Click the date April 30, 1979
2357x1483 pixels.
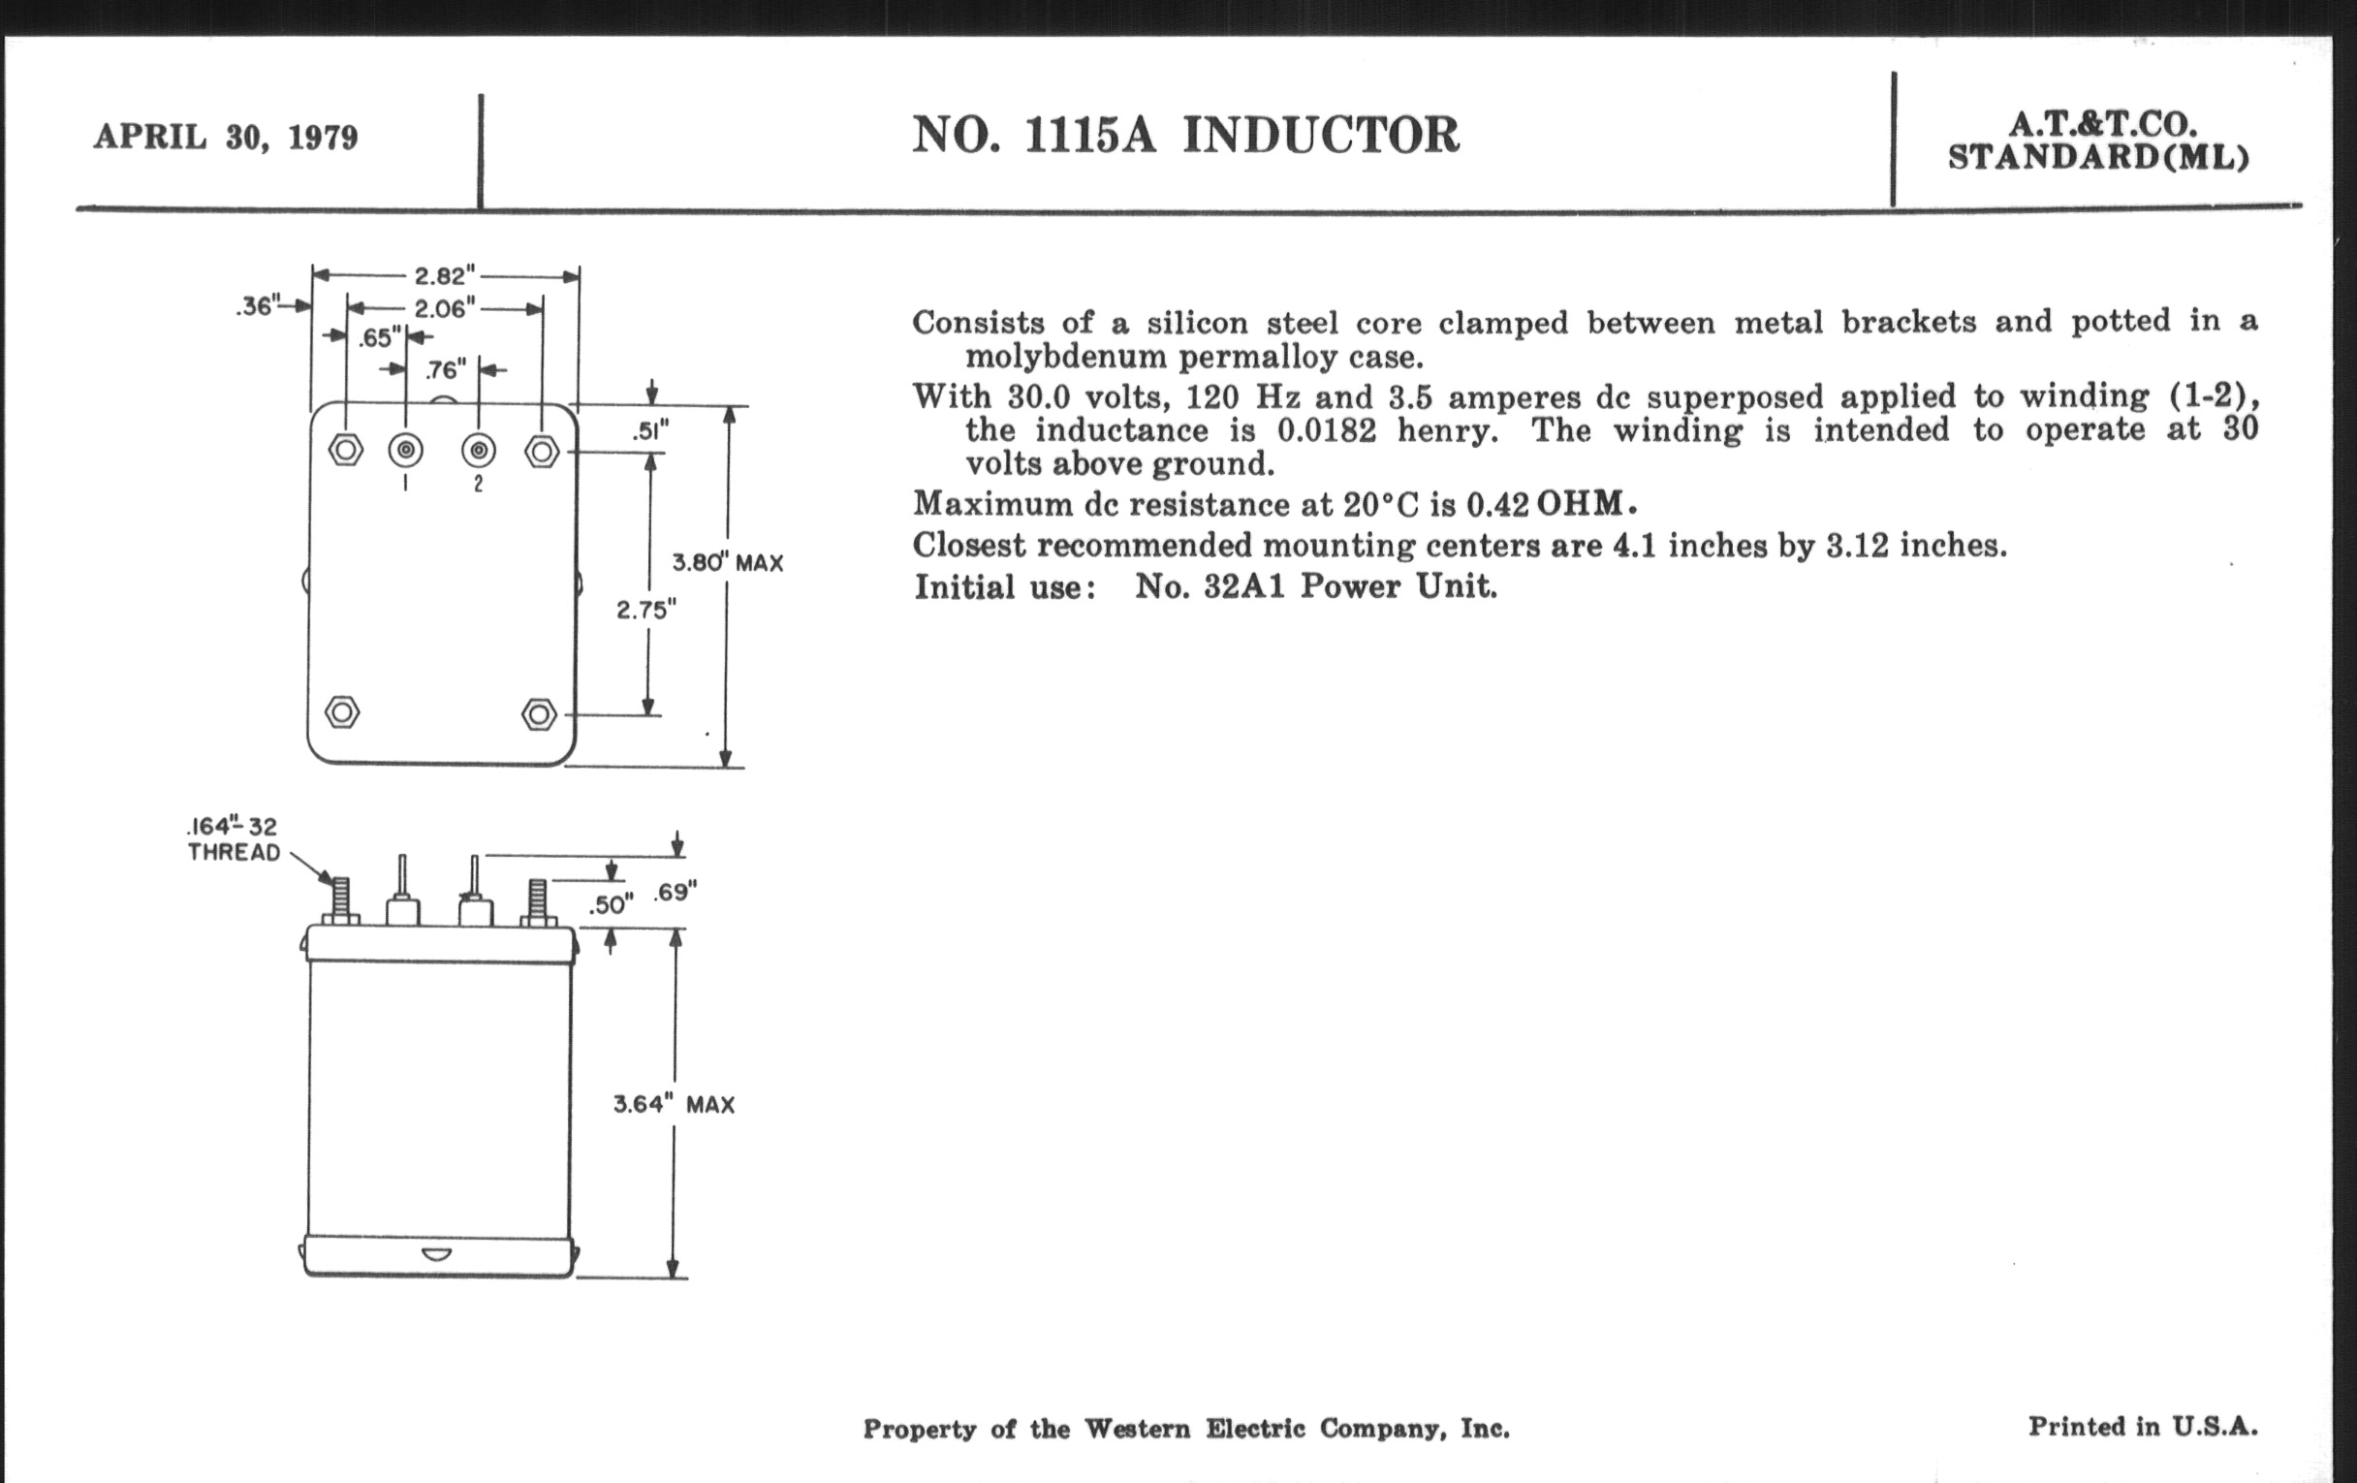coord(226,137)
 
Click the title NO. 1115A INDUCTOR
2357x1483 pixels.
coord(1185,135)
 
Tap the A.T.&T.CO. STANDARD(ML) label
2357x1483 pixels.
coord(2097,141)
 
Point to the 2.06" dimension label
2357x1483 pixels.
coord(446,309)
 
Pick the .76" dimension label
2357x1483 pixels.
coord(447,370)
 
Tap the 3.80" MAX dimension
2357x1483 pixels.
coord(727,563)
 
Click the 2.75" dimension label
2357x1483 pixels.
coord(646,610)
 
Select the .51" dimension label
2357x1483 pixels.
coord(651,431)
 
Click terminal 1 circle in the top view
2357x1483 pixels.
coord(405,451)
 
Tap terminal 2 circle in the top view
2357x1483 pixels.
coord(479,451)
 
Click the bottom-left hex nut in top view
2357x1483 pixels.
coord(341,711)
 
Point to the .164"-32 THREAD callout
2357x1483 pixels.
coord(234,839)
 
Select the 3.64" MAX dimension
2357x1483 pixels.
coord(674,1104)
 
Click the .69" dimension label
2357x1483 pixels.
coord(675,892)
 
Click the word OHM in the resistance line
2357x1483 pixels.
coord(1580,503)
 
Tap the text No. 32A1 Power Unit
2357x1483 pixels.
coord(1315,586)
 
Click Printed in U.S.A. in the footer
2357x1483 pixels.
coord(2143,1426)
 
